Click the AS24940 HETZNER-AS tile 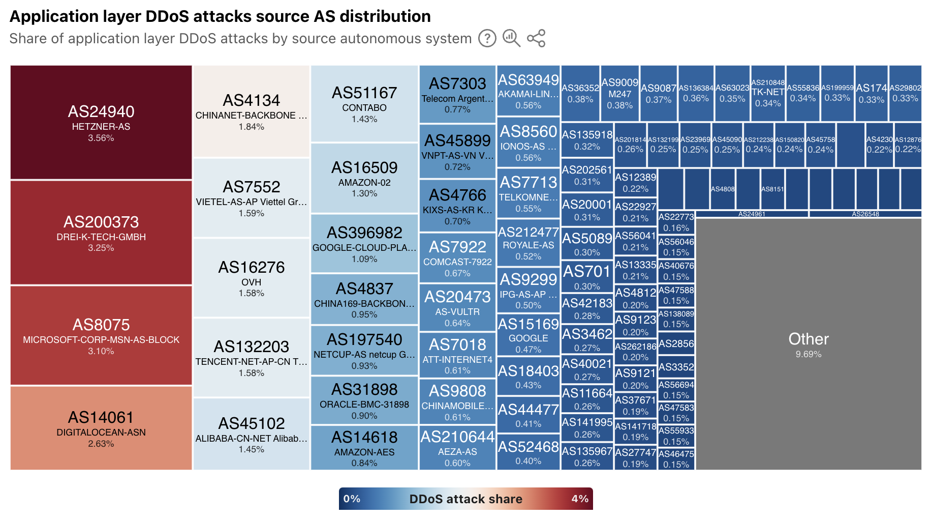click(x=101, y=122)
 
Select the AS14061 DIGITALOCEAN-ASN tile click(x=101, y=428)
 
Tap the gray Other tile click(x=808, y=344)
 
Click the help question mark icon click(x=487, y=38)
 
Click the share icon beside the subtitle click(x=536, y=38)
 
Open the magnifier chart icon click(x=511, y=38)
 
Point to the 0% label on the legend click(x=352, y=499)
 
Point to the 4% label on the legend click(x=580, y=499)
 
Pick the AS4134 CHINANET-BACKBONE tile click(x=252, y=111)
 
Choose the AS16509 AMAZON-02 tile click(x=364, y=178)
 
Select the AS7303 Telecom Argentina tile click(x=457, y=94)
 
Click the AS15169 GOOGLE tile click(x=529, y=335)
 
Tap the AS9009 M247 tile click(x=620, y=93)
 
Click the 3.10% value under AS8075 click(x=101, y=351)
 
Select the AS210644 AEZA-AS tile click(x=457, y=447)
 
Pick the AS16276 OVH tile click(x=252, y=278)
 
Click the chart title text click(x=220, y=16)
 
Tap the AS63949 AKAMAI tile click(x=529, y=90)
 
